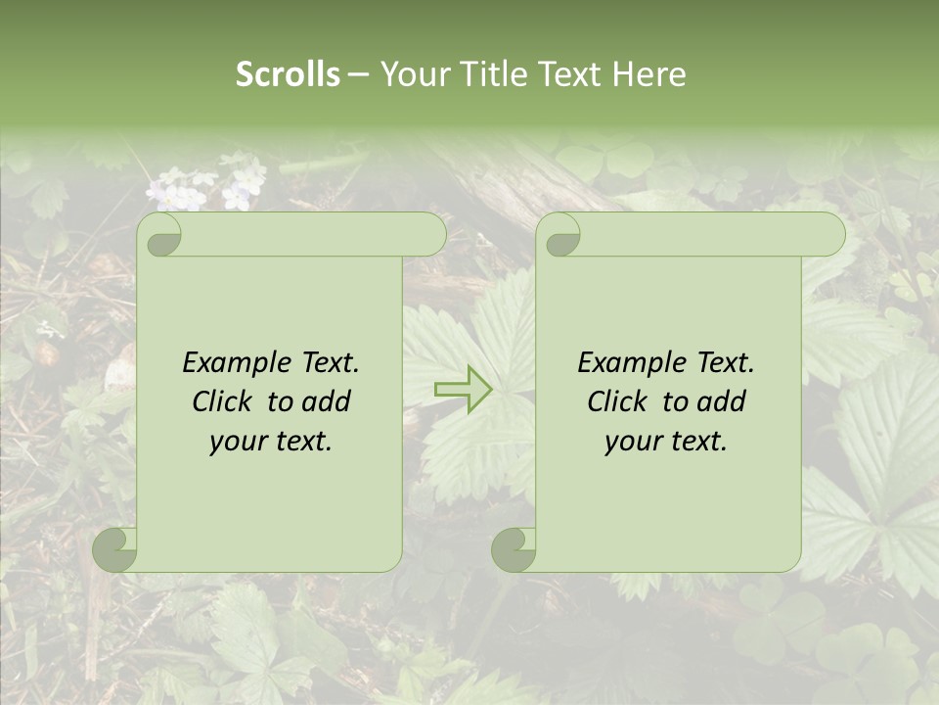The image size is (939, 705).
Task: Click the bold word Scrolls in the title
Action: tap(288, 74)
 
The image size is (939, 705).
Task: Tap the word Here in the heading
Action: tap(648, 74)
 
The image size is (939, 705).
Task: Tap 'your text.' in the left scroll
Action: tap(271, 442)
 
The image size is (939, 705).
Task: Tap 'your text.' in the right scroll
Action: tap(666, 442)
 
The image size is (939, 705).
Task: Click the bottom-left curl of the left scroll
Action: tap(115, 548)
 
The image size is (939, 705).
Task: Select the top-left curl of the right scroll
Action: tap(560, 236)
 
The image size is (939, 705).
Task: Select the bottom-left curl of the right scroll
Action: tap(514, 548)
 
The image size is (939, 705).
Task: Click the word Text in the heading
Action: tap(566, 74)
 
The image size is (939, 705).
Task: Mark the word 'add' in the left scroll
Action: tap(327, 401)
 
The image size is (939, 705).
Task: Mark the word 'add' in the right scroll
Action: tap(722, 401)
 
